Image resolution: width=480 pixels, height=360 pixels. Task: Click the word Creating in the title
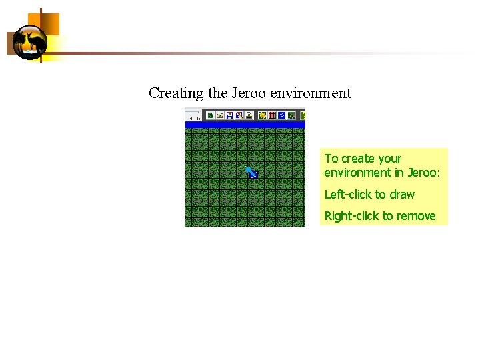176,93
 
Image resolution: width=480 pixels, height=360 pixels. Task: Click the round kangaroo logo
30,43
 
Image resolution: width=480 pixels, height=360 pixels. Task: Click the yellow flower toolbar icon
262,115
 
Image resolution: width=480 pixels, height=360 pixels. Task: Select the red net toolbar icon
272,115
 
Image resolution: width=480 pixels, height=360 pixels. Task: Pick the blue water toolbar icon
281,115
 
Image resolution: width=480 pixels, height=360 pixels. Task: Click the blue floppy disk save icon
229,115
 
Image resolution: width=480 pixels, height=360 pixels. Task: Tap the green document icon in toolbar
210,115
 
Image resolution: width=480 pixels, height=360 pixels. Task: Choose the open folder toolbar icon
219,115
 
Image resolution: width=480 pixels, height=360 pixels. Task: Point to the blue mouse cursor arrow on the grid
251,173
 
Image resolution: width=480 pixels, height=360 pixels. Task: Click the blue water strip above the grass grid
245,125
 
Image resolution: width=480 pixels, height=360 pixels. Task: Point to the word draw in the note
402,195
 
